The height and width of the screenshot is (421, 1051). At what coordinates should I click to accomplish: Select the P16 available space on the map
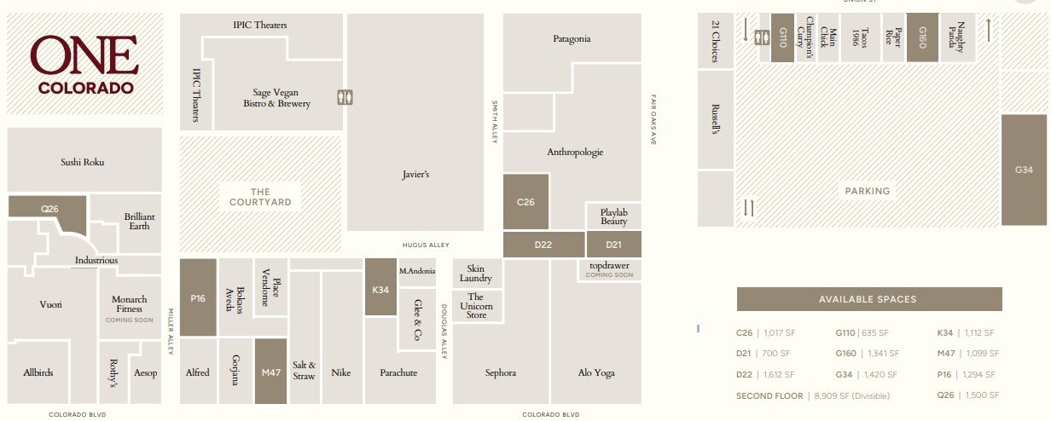(x=198, y=297)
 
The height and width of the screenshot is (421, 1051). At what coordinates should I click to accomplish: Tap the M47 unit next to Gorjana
(x=270, y=372)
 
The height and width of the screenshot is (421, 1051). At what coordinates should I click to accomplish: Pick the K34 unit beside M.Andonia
(x=380, y=288)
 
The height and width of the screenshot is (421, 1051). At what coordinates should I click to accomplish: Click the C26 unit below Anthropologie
(x=525, y=202)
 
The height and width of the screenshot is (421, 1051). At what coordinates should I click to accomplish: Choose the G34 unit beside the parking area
(x=1024, y=170)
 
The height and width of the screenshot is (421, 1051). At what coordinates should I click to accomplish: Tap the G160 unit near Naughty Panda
(x=922, y=37)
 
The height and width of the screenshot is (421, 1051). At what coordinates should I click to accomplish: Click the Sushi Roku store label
(x=83, y=162)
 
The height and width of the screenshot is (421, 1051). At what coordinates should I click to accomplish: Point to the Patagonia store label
(x=572, y=39)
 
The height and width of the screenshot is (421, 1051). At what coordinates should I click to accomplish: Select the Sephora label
(x=501, y=372)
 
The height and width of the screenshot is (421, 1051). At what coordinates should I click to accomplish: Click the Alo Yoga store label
(x=595, y=372)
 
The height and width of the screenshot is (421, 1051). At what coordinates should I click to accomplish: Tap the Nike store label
(x=341, y=372)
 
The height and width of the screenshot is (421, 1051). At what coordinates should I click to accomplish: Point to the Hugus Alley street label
(x=425, y=245)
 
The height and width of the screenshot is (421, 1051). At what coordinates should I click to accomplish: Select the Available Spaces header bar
(x=868, y=299)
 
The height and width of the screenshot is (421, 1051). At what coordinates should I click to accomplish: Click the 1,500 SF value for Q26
(x=980, y=396)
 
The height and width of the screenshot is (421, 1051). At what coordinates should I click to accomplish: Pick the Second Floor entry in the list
(x=769, y=396)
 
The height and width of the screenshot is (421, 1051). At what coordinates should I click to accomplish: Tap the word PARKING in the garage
(x=868, y=192)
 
